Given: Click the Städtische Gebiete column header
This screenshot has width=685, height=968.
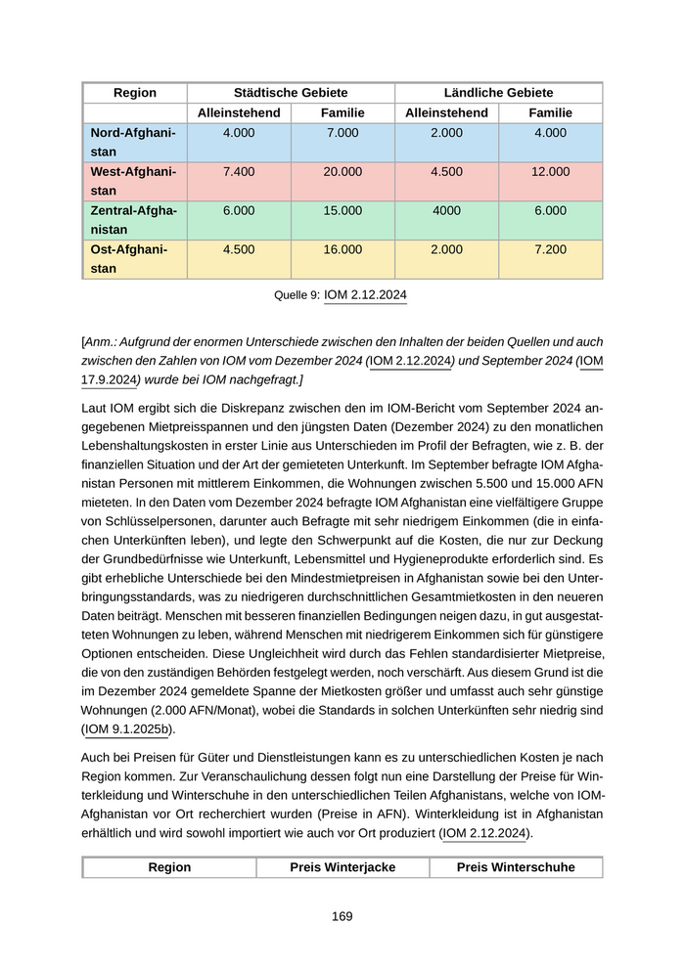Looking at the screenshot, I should pyautogui.click(x=291, y=93).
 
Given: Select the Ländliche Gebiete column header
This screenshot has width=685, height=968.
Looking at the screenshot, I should pyautogui.click(x=498, y=93).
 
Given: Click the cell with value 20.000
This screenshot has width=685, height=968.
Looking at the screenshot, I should pyautogui.click(x=342, y=172).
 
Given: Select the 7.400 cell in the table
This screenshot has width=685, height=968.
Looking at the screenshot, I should pyautogui.click(x=239, y=172).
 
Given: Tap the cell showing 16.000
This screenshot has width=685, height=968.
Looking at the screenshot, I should pyautogui.click(x=342, y=250).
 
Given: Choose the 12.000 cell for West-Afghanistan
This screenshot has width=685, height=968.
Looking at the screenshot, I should pyautogui.click(x=550, y=172).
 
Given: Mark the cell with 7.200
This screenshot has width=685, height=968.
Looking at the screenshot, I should pyautogui.click(x=550, y=250).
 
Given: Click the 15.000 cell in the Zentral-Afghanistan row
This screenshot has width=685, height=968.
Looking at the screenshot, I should pyautogui.click(x=342, y=211).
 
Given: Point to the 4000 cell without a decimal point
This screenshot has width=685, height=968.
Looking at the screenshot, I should pyautogui.click(x=446, y=211).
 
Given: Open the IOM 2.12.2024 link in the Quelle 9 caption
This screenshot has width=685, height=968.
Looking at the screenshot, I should pyautogui.click(x=365, y=295).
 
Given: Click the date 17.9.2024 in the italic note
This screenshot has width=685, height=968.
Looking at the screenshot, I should pyautogui.click(x=108, y=379).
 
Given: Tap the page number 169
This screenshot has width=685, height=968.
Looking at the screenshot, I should pyautogui.click(x=342, y=917).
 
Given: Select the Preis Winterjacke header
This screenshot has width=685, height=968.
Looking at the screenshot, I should pyautogui.click(x=342, y=868).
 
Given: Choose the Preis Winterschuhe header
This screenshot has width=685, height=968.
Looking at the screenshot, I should pyautogui.click(x=516, y=868).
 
